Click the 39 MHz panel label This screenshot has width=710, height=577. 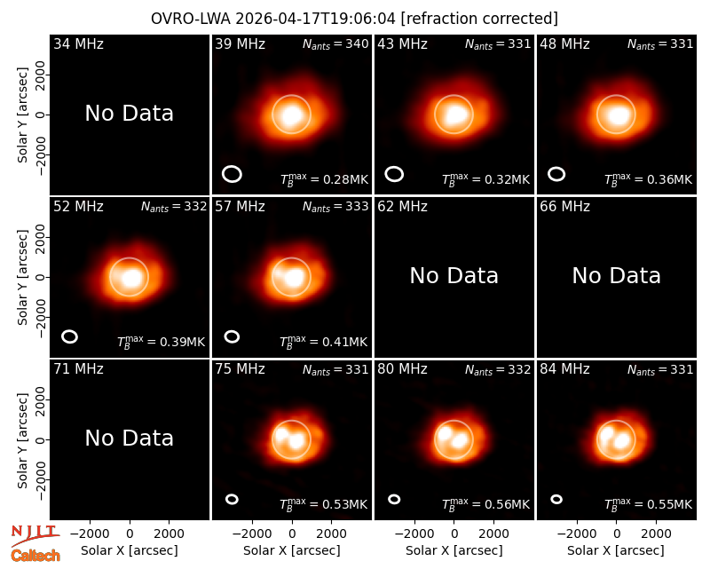[x=240, y=43]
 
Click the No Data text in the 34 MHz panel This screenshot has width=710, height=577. [x=130, y=114]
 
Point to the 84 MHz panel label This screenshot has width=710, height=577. [x=564, y=369]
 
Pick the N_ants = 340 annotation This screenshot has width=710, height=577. [x=335, y=43]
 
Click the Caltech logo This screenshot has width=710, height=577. [x=35, y=556]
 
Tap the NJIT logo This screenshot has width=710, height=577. [x=35, y=534]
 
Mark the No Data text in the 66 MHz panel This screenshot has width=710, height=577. [x=617, y=276]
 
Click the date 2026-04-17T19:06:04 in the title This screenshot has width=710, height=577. [x=315, y=19]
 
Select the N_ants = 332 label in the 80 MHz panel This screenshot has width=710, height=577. [x=498, y=369]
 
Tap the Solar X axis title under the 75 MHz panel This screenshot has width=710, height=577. [x=292, y=550]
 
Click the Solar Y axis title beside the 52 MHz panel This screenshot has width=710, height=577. [x=23, y=277]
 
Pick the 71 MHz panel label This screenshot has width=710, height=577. [x=78, y=369]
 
